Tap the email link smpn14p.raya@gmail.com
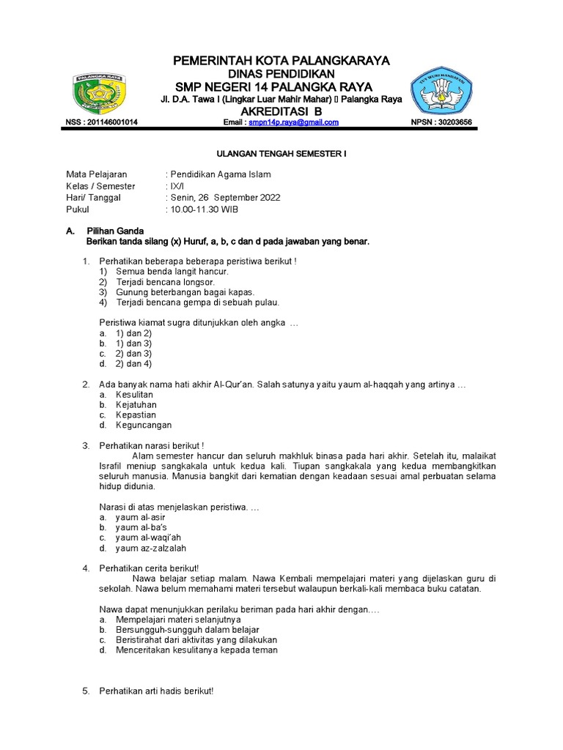[x=293, y=122]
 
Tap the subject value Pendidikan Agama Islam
[x=221, y=174]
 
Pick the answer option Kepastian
[x=136, y=415]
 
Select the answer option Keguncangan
[x=144, y=425]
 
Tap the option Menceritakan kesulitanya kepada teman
[x=196, y=650]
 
